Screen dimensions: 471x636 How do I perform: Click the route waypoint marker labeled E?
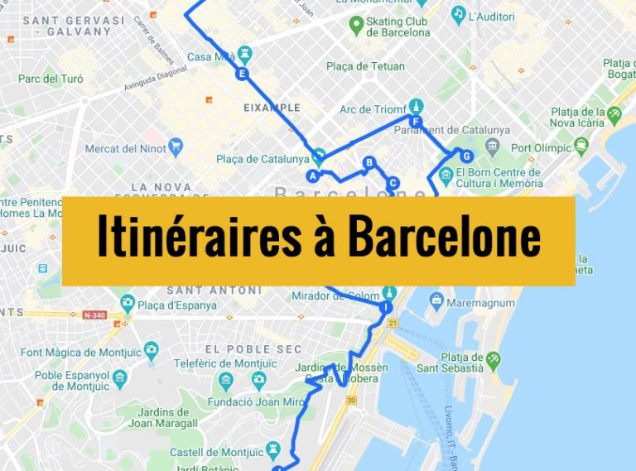[x=242, y=74]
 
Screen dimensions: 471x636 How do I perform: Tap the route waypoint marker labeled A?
[x=313, y=175]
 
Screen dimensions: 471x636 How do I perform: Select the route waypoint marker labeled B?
[x=369, y=162]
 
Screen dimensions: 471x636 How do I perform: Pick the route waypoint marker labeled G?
[x=466, y=156]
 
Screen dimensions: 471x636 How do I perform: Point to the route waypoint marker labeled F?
[x=416, y=123]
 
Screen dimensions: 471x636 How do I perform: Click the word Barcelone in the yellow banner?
[x=444, y=238]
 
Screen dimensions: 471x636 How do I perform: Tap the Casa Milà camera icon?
[x=244, y=55]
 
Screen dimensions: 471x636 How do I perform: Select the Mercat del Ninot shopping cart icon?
[x=175, y=148]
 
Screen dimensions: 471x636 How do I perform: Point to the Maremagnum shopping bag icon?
[x=437, y=303]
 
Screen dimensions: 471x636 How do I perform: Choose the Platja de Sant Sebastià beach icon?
[x=494, y=359]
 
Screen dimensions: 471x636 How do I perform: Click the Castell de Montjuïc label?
[x=218, y=452]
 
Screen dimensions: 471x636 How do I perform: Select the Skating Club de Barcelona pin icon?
[x=357, y=26]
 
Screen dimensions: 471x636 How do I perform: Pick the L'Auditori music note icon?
[x=458, y=14]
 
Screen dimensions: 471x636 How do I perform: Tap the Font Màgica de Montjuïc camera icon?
[x=151, y=351]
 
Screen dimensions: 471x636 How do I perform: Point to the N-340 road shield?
[x=95, y=315]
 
